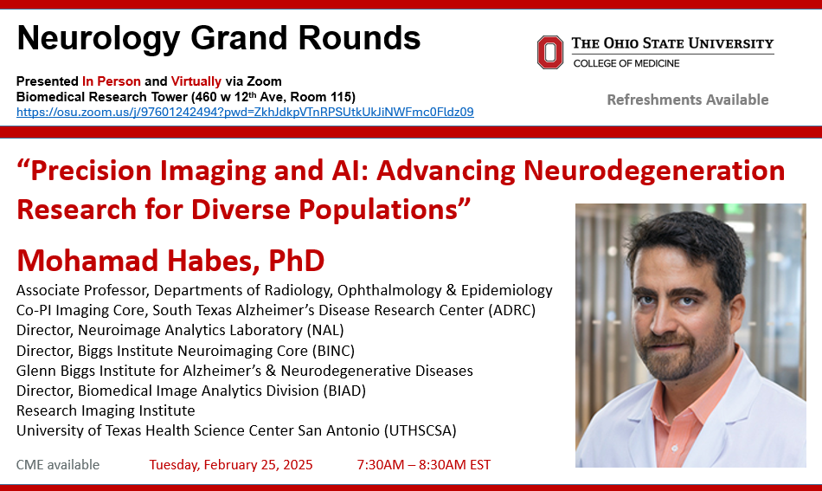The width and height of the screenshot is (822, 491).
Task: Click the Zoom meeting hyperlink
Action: click(x=245, y=112)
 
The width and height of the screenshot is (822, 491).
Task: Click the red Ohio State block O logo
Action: click(x=550, y=53)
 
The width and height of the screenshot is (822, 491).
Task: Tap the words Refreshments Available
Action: click(x=687, y=100)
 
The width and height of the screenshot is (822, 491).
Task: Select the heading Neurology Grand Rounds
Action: click(x=219, y=38)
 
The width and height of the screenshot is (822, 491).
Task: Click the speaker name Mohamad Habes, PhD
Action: click(x=170, y=261)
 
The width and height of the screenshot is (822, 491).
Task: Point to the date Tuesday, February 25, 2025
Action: click(x=231, y=465)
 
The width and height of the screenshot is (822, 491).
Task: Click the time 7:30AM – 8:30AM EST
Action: click(x=424, y=465)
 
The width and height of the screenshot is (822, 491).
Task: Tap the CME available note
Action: click(x=58, y=465)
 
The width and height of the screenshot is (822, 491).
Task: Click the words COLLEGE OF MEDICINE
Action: click(x=626, y=63)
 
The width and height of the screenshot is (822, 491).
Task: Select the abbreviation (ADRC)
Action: click(x=511, y=311)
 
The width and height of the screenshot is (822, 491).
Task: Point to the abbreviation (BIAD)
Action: click(x=344, y=391)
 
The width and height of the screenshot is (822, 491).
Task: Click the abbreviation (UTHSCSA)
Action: click(x=421, y=430)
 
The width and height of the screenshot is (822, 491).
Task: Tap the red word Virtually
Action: click(x=196, y=81)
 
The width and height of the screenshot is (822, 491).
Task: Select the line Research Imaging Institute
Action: click(x=106, y=410)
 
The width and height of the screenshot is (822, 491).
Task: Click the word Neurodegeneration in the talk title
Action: click(x=654, y=171)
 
